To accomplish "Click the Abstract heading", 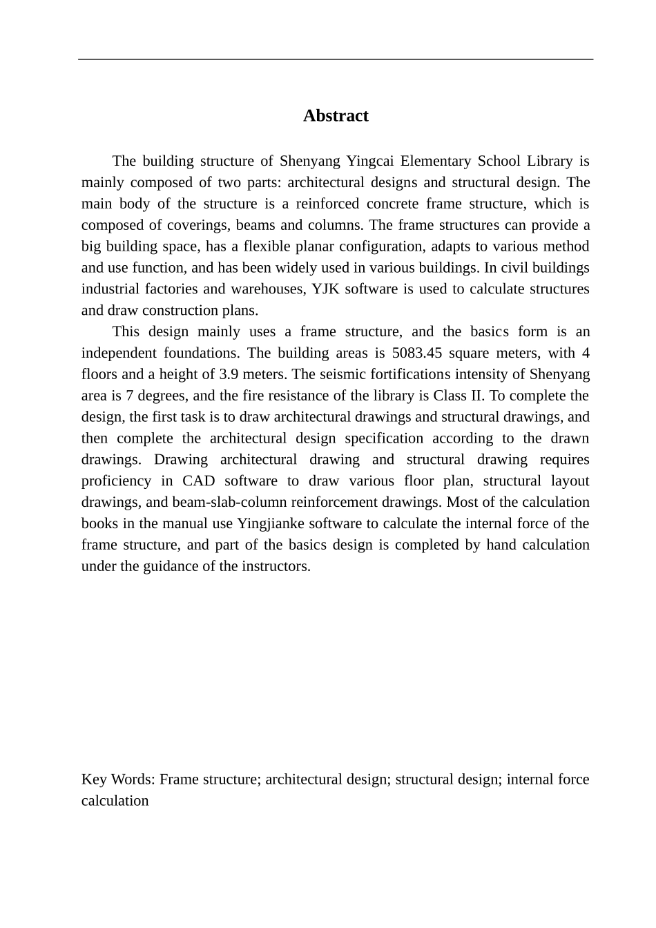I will [x=336, y=116].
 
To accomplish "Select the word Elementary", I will [x=435, y=162].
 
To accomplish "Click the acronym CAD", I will [x=199, y=481].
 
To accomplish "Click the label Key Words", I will [x=117, y=780].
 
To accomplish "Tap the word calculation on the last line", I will [x=115, y=801].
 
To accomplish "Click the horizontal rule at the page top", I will [x=336, y=59].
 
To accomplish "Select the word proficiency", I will [x=116, y=481].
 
